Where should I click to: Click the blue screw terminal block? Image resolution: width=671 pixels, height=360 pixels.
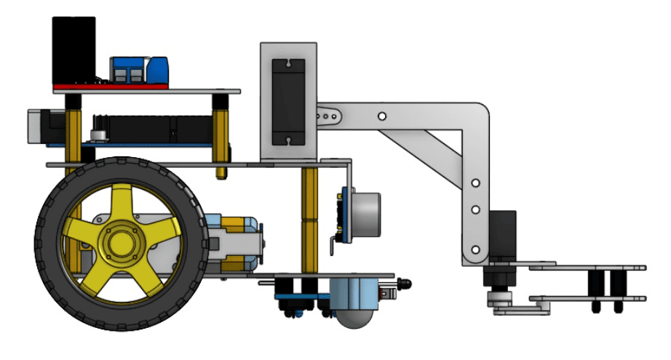point(130,70)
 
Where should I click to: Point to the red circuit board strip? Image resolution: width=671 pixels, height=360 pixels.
point(109,87)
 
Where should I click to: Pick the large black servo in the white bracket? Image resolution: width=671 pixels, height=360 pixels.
point(289,101)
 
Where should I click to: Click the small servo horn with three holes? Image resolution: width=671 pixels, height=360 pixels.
point(327,115)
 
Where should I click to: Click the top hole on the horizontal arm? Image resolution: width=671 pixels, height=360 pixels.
point(381,115)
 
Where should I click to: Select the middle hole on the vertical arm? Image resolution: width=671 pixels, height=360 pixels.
point(475,209)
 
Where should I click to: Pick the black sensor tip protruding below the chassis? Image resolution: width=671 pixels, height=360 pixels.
point(405,281)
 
